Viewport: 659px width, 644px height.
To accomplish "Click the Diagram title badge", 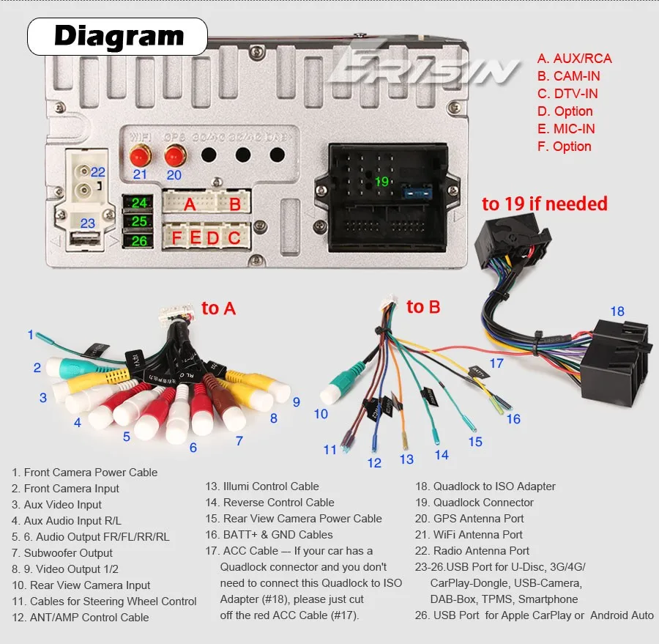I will coord(118,36).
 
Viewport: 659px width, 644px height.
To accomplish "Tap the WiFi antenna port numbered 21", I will coord(140,155).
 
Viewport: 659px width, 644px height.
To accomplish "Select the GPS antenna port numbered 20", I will coord(174,155).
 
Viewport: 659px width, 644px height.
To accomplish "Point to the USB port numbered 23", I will coord(87,238).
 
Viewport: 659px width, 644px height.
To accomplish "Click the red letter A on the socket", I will coord(190,204).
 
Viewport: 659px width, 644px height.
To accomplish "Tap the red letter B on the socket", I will coord(235,204).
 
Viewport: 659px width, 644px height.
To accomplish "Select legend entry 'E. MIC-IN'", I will coord(565,129).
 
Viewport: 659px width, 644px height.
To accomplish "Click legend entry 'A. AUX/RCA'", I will coord(574,59).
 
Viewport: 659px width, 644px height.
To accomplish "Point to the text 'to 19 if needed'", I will coord(544,204).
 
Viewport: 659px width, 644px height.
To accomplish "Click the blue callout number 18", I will coord(617,311).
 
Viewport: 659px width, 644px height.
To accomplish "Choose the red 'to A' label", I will coord(218,308).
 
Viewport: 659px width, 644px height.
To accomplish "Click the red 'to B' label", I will coord(423,307).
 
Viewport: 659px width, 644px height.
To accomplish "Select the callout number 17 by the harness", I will coord(496,363).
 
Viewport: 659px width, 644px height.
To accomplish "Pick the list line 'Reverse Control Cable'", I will coord(278,503).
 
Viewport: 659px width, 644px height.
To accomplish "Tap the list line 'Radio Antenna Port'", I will coord(480,551).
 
